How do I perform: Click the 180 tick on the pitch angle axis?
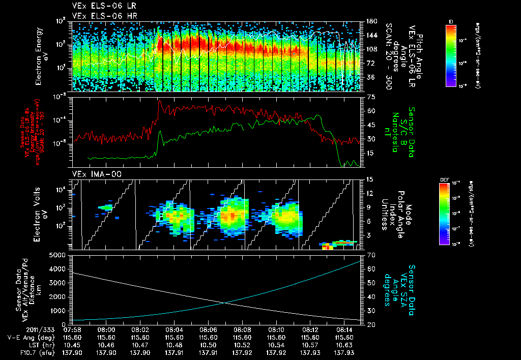pos(370,21)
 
